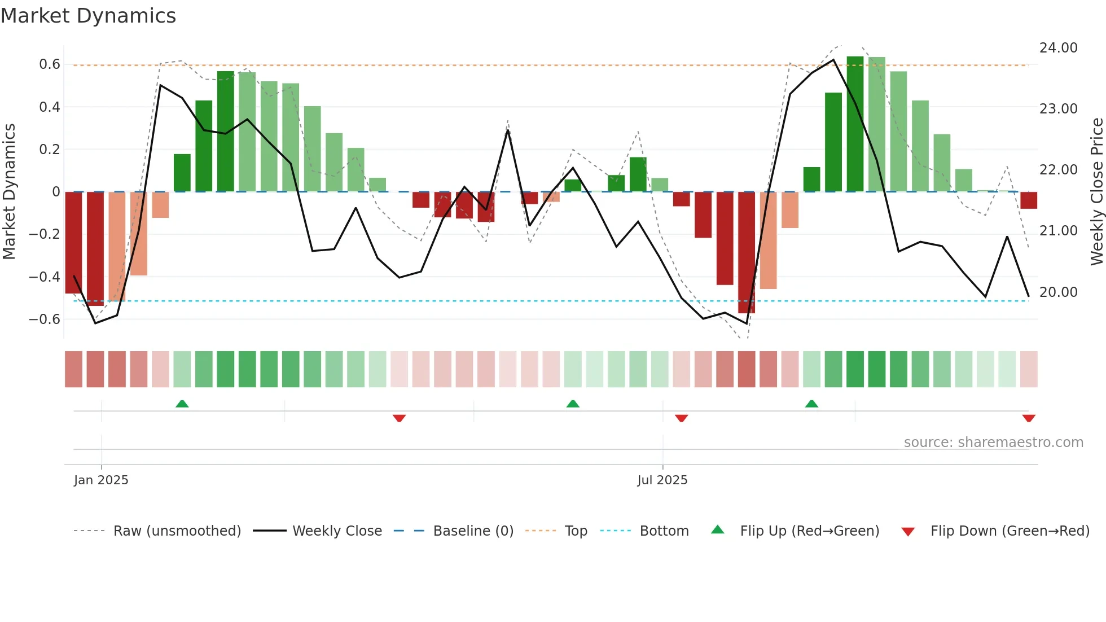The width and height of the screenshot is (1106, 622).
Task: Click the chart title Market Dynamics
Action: pyautogui.click(x=89, y=16)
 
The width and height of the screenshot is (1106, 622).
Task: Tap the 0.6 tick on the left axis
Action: pyautogui.click(x=50, y=64)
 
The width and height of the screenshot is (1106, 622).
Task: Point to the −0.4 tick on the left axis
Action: pyautogui.click(x=45, y=277)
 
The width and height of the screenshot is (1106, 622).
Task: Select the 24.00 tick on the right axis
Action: pyautogui.click(x=1058, y=48)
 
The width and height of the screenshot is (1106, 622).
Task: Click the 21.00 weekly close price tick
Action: pyautogui.click(x=1058, y=231)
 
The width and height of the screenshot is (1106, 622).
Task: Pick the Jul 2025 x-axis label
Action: pyautogui.click(x=662, y=480)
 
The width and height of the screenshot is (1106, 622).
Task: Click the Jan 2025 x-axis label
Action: pyautogui.click(x=101, y=480)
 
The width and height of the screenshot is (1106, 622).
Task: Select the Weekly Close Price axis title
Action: pyautogui.click(x=1096, y=192)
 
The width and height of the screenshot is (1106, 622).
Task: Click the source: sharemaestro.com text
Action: pyautogui.click(x=993, y=443)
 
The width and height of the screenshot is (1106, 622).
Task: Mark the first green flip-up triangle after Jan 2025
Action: pyautogui.click(x=182, y=404)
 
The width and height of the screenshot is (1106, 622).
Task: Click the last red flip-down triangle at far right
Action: pyautogui.click(x=1028, y=418)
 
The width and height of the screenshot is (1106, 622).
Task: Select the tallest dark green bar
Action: pyautogui.click(x=855, y=124)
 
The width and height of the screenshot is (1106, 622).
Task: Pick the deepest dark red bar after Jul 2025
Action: pyautogui.click(x=746, y=252)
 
